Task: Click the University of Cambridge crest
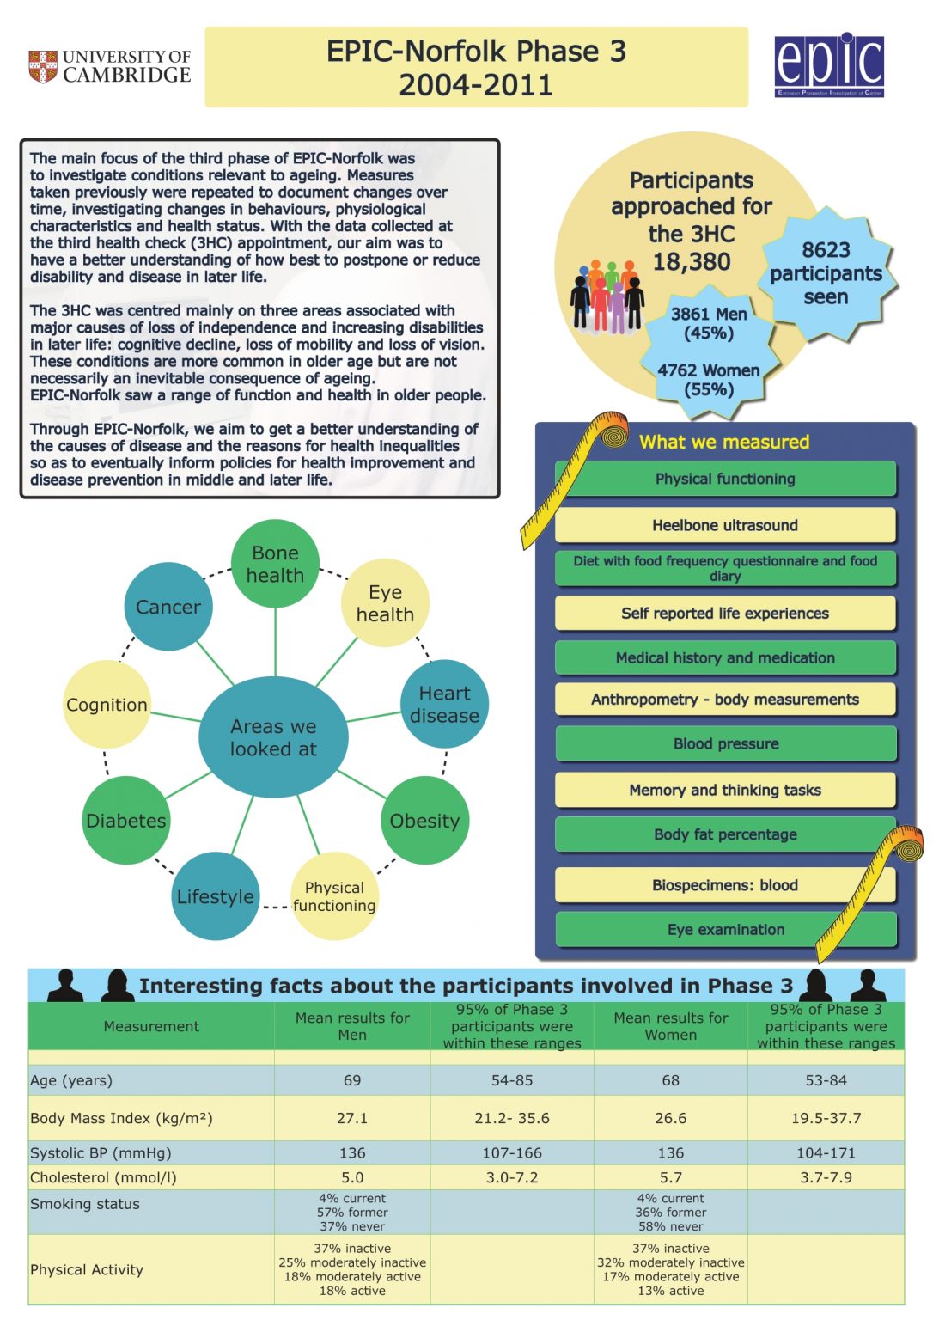pyautogui.click(x=43, y=66)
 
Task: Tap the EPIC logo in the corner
pyautogui.click(x=829, y=65)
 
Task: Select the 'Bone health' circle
pyautogui.click(x=275, y=564)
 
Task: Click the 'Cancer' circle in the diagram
pyautogui.click(x=168, y=607)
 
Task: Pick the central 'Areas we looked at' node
pyautogui.click(x=273, y=737)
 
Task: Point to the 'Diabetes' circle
pyautogui.click(x=126, y=821)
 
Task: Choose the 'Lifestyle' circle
pyautogui.click(x=215, y=896)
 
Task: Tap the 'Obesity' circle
pyautogui.click(x=424, y=821)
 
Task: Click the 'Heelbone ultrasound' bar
pyautogui.click(x=725, y=525)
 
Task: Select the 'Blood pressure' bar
pyautogui.click(x=725, y=743)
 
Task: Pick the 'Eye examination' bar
pyautogui.click(x=725, y=929)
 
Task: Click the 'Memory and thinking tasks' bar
pyautogui.click(x=725, y=790)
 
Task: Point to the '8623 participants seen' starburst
pyautogui.click(x=826, y=273)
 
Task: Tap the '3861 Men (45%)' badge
pyautogui.click(x=709, y=323)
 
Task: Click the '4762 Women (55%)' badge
pyautogui.click(x=709, y=380)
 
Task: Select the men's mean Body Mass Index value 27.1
pyautogui.click(x=352, y=1118)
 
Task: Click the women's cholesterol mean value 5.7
pyautogui.click(x=671, y=1177)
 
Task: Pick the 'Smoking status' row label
pyautogui.click(x=85, y=1204)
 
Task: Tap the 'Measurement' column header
pyautogui.click(x=151, y=1026)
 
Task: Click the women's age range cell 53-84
pyautogui.click(x=826, y=1080)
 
